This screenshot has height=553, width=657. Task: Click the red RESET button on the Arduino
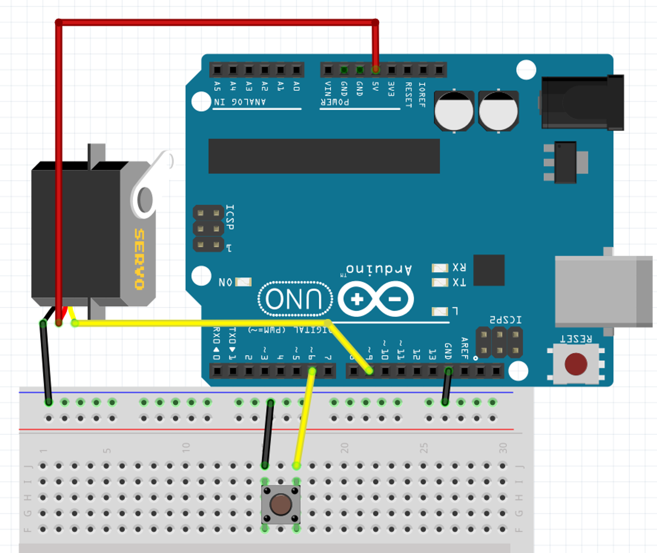coord(576,364)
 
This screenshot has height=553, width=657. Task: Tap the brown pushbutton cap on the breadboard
coord(281,504)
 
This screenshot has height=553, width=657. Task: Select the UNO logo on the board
coord(295,299)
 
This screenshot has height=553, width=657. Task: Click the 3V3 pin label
coord(391,89)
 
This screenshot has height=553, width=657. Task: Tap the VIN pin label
coord(328,89)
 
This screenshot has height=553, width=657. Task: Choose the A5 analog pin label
coord(218,86)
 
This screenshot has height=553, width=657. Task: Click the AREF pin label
coord(464,348)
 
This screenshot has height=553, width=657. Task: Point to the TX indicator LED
coord(440,283)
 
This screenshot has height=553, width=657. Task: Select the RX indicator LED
coord(440,268)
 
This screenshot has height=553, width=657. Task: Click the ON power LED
coord(243,282)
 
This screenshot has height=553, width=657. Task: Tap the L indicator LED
coord(440,311)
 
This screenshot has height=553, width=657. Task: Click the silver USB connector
coord(603,291)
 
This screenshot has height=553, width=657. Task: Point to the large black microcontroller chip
coord(324,156)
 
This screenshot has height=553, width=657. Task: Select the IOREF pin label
coord(422,95)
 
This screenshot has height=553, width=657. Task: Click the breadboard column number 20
coord(344,448)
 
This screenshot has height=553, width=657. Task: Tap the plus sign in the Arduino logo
coord(357,299)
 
